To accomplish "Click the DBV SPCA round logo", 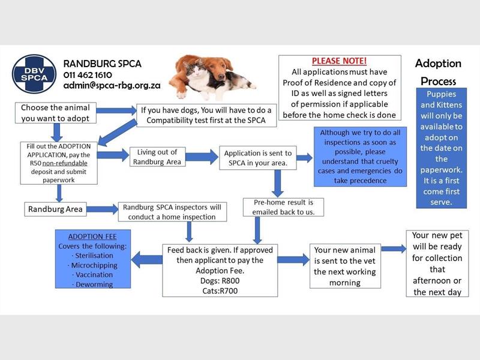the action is click(34, 74).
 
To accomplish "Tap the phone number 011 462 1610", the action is click(88, 75).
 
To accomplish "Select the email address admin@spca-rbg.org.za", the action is click(112, 85).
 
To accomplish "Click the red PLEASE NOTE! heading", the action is click(339, 61).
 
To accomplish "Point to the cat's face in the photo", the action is click(195, 71).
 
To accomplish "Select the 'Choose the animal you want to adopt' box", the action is click(56, 113).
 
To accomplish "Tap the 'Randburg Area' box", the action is click(55, 209).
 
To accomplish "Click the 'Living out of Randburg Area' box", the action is click(157, 157).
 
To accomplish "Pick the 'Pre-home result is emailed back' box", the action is click(283, 207).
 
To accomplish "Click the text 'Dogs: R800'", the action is click(220, 281).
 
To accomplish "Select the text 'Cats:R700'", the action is click(220, 291).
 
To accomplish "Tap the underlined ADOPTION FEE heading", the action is click(92, 236).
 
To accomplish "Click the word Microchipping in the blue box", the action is click(94, 265).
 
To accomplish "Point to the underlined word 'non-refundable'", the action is click(65, 163).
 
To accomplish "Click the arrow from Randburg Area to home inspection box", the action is click(102, 209).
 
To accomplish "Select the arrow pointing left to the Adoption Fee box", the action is click(146, 260).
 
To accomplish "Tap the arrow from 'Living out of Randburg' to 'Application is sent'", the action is click(202, 157).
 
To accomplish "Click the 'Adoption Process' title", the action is click(439, 72).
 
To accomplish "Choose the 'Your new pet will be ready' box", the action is click(437, 263).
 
